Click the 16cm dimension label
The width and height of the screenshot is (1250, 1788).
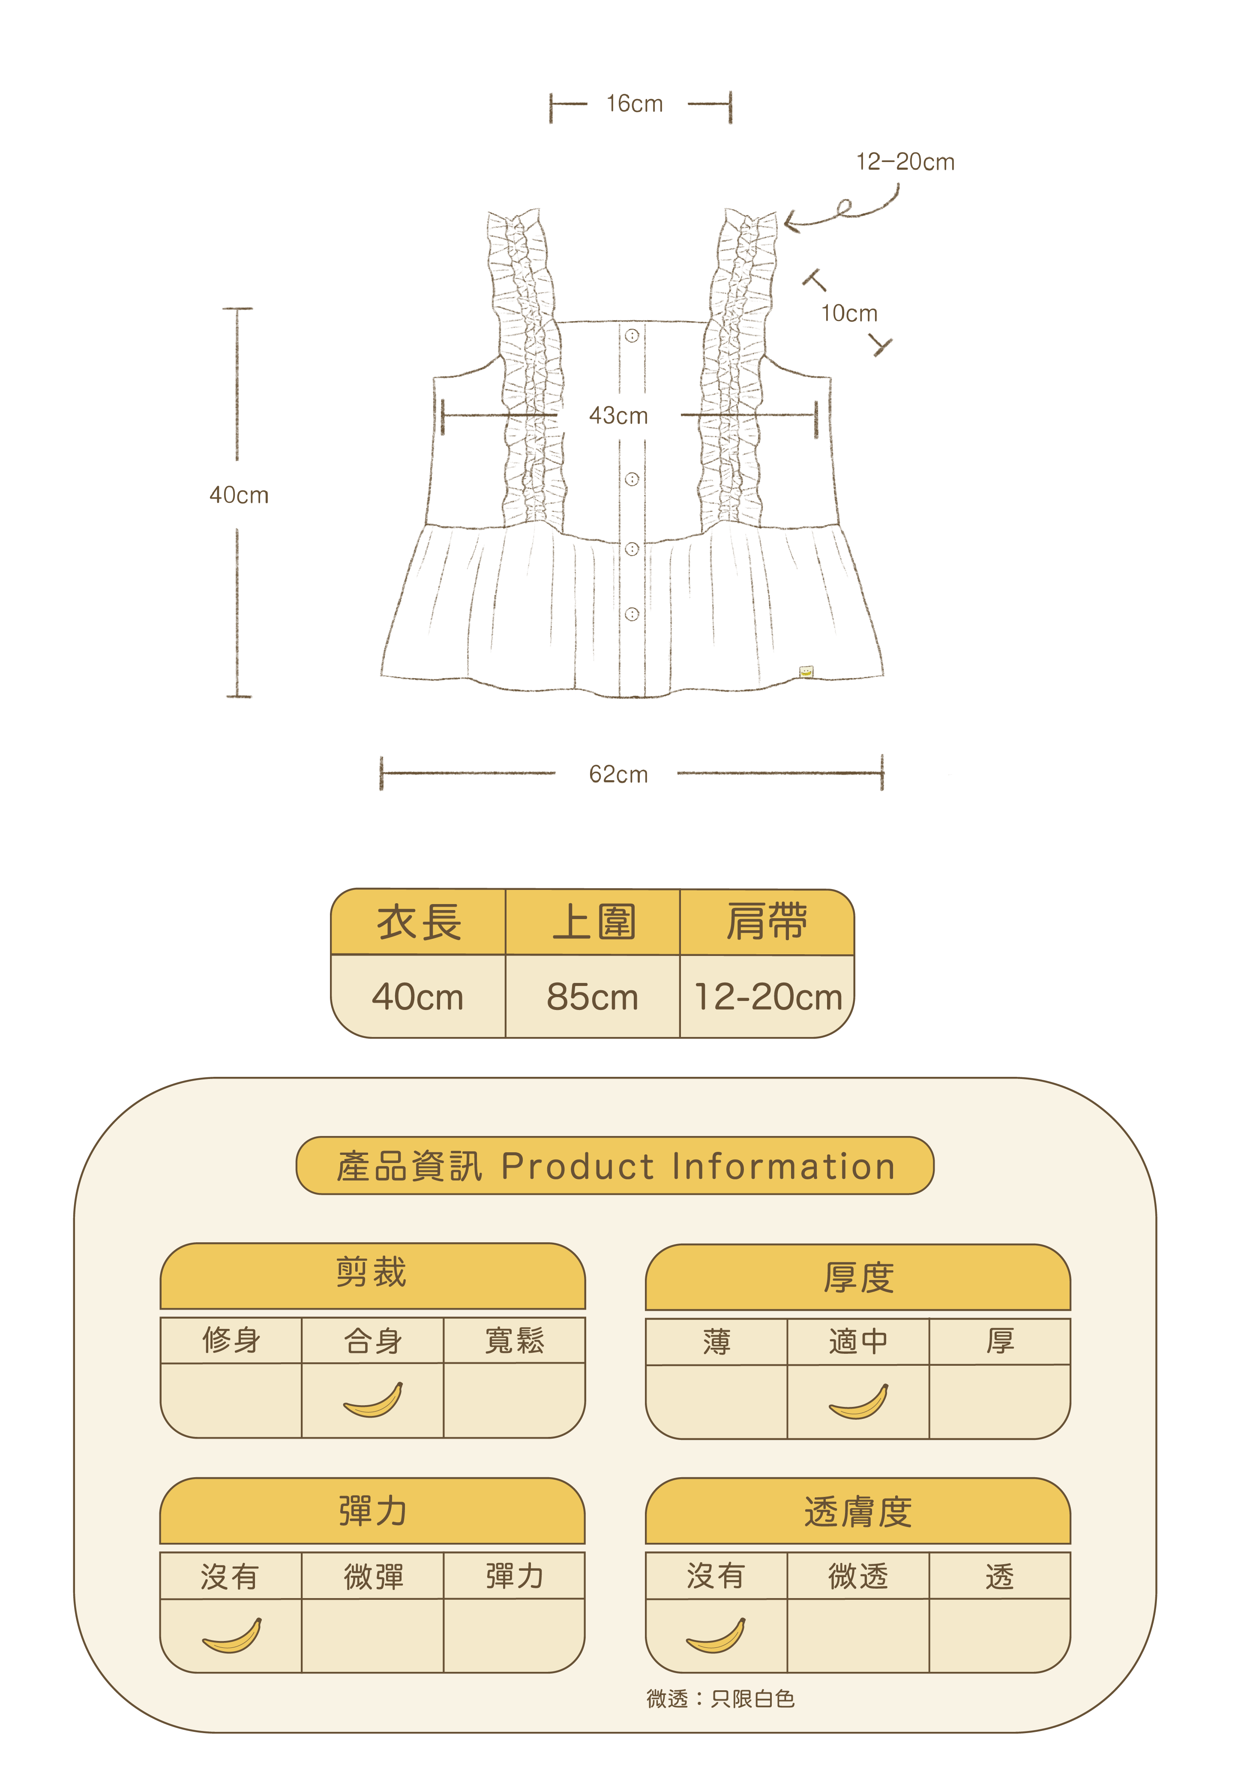pos(634,104)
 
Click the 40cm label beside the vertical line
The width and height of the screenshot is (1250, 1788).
pos(239,495)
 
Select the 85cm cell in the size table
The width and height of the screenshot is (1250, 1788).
pos(592,997)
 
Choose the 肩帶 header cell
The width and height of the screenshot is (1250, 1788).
pos(767,923)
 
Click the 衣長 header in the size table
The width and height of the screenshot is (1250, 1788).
pos(419,923)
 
